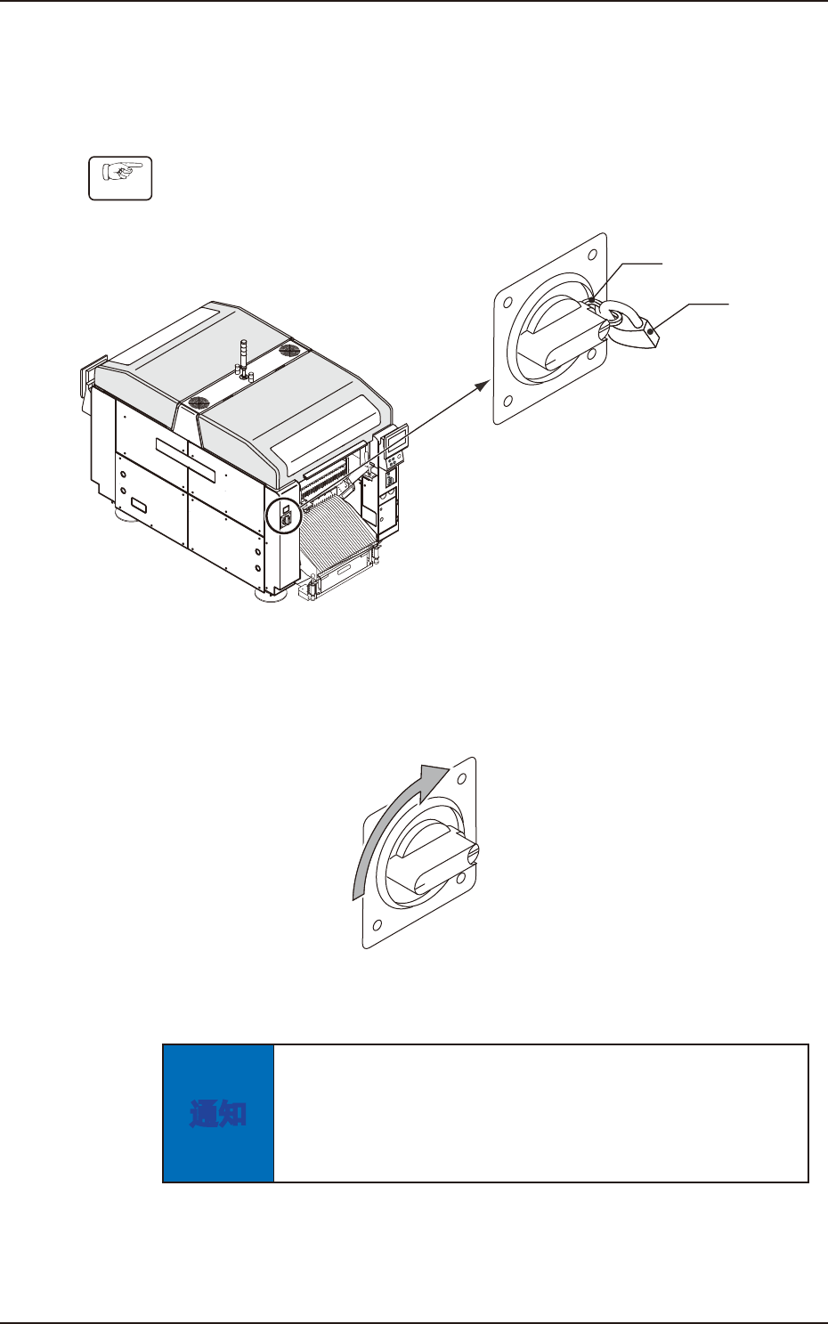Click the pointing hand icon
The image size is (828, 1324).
[121, 178]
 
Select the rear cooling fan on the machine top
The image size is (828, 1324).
[289, 352]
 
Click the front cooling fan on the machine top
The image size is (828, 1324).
[198, 403]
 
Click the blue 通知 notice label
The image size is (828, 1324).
[218, 1113]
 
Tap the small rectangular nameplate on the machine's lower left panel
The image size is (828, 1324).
[139, 508]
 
